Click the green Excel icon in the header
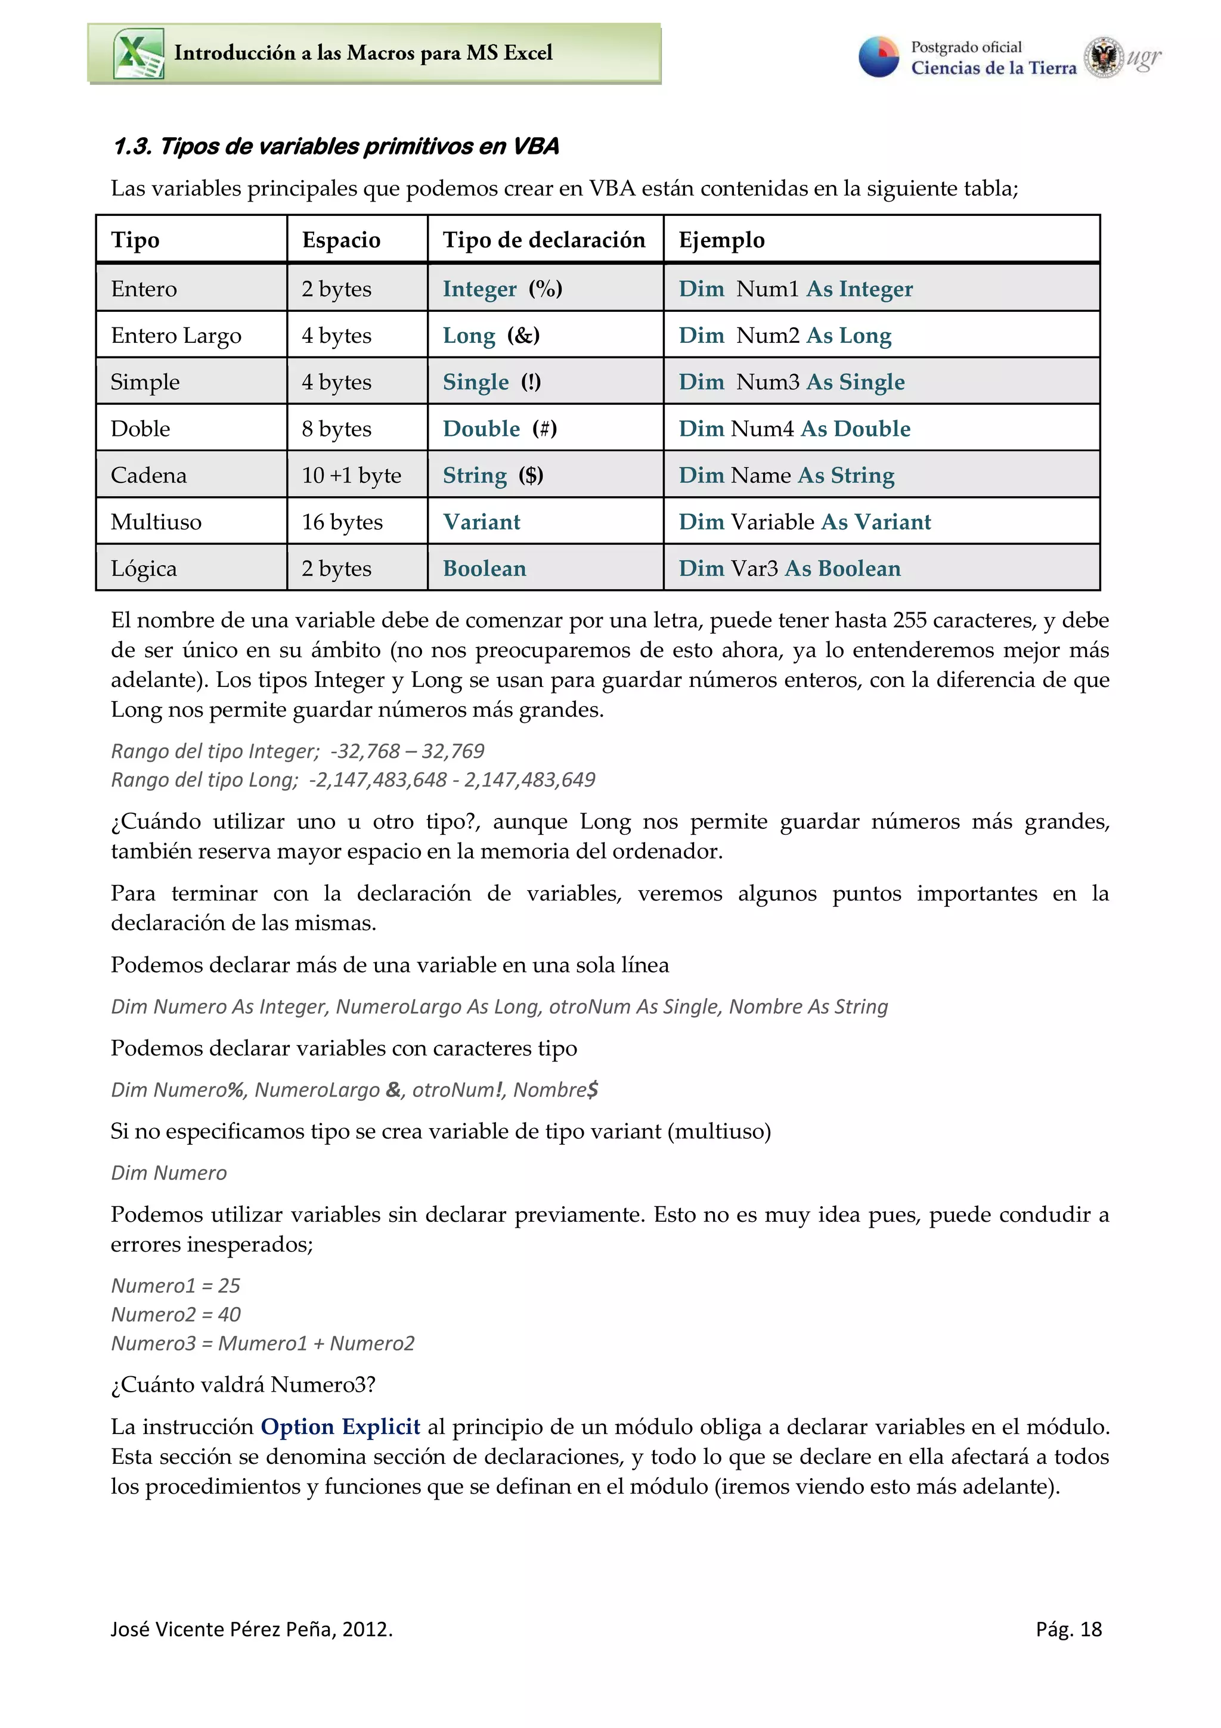[138, 54]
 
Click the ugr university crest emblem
[1103, 57]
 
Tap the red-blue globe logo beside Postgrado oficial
[879, 57]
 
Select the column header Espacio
[341, 240]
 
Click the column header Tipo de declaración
[543, 240]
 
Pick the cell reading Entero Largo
[176, 336]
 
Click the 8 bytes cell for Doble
[336, 429]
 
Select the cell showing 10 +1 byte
[351, 476]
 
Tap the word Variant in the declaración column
[482, 522]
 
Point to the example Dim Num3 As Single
[791, 382]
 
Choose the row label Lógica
[144, 569]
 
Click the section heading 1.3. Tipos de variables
[336, 147]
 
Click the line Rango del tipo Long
[352, 780]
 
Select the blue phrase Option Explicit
[340, 1427]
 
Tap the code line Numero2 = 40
[175, 1315]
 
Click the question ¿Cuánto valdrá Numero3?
[243, 1385]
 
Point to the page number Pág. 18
[1068, 1630]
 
